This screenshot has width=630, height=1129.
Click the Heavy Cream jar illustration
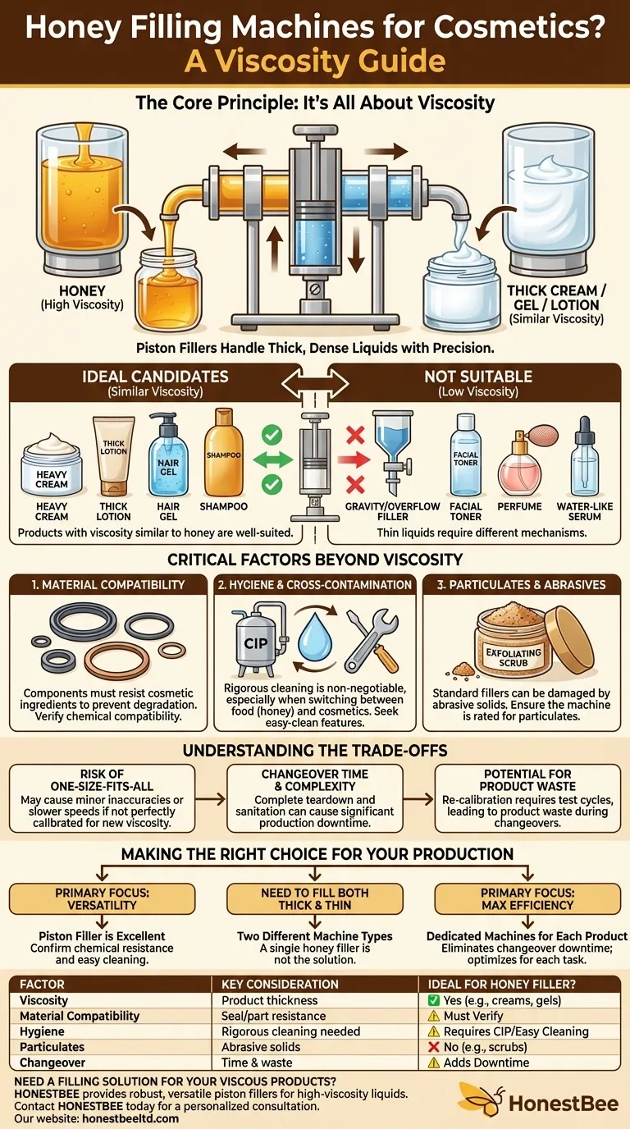click(x=52, y=464)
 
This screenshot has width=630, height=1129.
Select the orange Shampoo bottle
click(x=223, y=452)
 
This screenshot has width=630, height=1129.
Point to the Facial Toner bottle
click(x=466, y=455)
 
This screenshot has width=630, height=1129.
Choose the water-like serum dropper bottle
click(x=585, y=457)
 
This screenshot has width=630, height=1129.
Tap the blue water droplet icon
click(x=315, y=636)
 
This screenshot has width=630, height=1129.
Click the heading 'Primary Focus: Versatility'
click(x=103, y=898)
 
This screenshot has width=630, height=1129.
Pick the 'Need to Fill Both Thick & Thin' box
click(x=315, y=898)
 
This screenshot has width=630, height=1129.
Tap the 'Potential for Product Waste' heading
click(x=527, y=780)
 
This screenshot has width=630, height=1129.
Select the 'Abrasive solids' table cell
click(x=261, y=1047)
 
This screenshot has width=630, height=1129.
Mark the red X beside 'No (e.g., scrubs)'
click(x=433, y=1047)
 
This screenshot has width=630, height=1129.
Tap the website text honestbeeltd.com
click(x=130, y=1118)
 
